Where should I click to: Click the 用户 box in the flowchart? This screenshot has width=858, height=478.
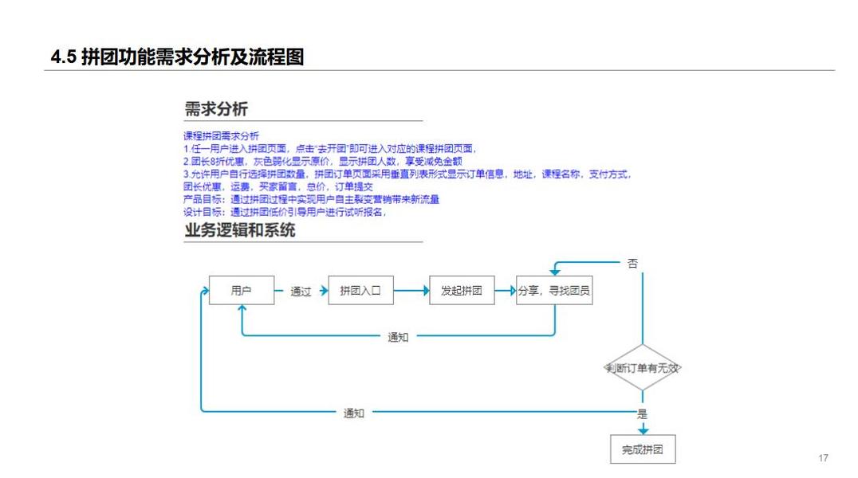point(241,291)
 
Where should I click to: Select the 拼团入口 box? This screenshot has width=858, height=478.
point(361,291)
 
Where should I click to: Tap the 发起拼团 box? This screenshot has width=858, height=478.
point(461,291)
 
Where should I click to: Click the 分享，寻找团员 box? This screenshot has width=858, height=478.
point(554,291)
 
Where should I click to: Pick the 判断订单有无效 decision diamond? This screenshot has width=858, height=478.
point(643,368)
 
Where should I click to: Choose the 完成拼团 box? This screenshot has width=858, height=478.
point(643,449)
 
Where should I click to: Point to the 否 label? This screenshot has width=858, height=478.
point(632,264)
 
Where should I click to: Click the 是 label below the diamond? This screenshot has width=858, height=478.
point(643,413)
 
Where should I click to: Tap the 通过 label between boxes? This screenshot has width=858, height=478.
point(301,292)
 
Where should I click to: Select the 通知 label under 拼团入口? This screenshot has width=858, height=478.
point(398,337)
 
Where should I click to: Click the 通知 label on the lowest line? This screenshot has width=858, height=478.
point(354,413)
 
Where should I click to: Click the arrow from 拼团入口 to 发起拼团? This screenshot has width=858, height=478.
point(411,291)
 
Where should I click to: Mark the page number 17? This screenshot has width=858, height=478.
point(823,458)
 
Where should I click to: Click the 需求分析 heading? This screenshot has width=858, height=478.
point(216,109)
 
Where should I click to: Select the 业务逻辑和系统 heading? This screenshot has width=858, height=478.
point(240,230)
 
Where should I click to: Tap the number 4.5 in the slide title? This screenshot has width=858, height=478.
point(63,57)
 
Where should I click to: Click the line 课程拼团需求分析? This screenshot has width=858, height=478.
point(221,136)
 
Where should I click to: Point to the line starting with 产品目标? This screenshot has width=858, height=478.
point(311,199)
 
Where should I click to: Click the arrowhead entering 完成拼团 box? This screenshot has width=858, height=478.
point(643,430)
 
